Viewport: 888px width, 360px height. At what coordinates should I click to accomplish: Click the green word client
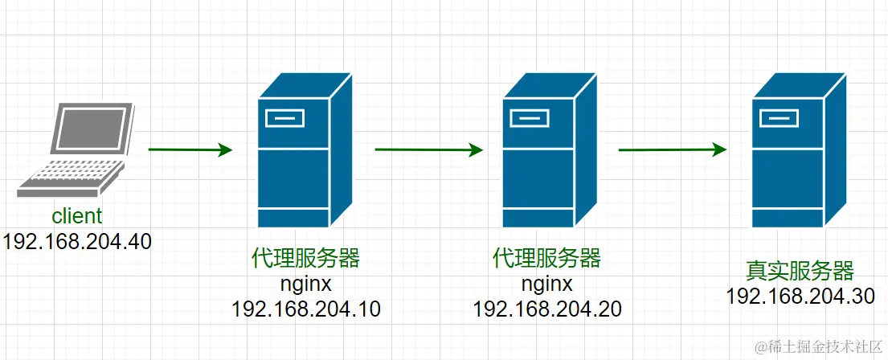pyautogui.click(x=77, y=216)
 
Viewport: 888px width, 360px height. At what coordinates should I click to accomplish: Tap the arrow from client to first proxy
pyautogui.click(x=190, y=149)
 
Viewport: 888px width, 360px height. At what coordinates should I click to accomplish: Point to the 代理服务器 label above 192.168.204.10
pyautogui.click(x=305, y=259)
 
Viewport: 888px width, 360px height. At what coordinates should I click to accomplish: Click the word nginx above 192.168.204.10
pyautogui.click(x=305, y=284)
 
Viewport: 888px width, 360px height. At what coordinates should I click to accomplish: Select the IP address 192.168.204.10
pyautogui.click(x=305, y=309)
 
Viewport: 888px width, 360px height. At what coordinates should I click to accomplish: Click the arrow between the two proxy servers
pyautogui.click(x=429, y=149)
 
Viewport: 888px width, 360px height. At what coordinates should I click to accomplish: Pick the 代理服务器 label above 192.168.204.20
pyautogui.click(x=546, y=259)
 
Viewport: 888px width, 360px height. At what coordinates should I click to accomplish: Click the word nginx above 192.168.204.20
pyautogui.click(x=546, y=284)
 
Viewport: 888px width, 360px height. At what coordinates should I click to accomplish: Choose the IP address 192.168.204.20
pyautogui.click(x=546, y=309)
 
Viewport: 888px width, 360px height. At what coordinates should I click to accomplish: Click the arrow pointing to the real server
pyautogui.click(x=673, y=149)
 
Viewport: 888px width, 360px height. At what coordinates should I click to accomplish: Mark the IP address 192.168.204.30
pyautogui.click(x=800, y=296)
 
